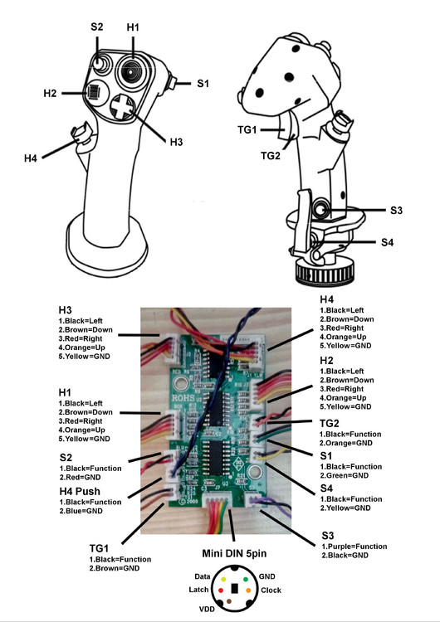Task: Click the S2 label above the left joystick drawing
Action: click(x=97, y=27)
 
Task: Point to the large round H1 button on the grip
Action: click(x=131, y=70)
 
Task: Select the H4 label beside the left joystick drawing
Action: click(x=31, y=158)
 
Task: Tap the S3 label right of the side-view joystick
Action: click(x=396, y=211)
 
